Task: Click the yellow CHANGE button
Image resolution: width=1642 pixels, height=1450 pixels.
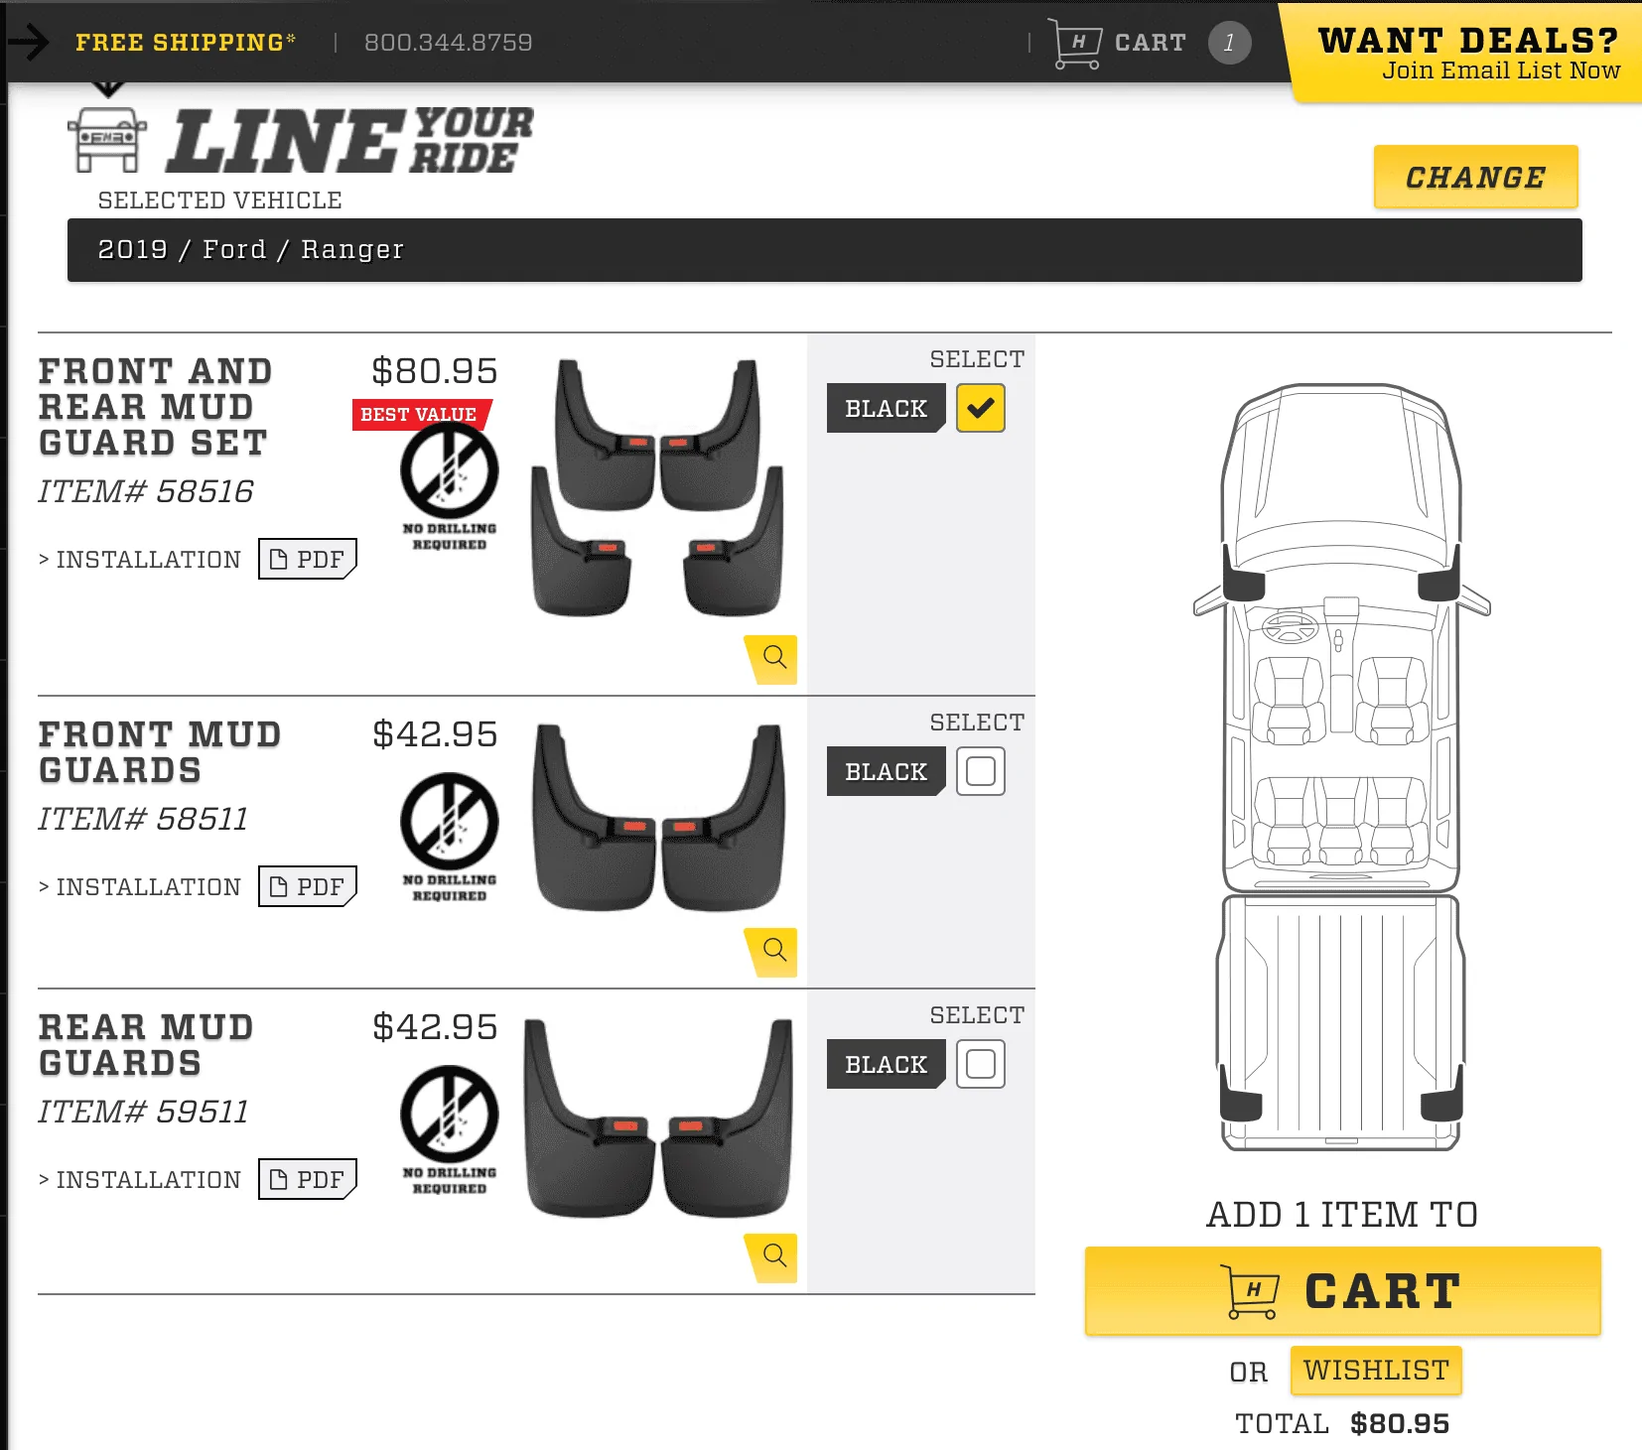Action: click(x=1475, y=177)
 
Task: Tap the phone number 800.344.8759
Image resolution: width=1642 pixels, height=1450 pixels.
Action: click(x=448, y=43)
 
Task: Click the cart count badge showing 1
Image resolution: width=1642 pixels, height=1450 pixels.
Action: click(x=1229, y=43)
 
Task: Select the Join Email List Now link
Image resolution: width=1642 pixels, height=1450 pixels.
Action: click(x=1501, y=70)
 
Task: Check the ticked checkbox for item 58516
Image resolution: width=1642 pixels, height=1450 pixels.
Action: click(x=981, y=408)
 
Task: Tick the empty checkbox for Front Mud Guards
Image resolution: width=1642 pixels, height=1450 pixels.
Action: click(x=981, y=771)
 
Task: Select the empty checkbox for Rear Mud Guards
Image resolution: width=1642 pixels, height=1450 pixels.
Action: click(x=981, y=1064)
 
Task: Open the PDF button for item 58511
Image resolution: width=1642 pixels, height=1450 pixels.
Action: click(x=308, y=886)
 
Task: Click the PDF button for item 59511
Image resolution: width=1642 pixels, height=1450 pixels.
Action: click(x=308, y=1179)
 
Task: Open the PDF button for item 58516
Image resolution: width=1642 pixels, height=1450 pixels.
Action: click(x=308, y=559)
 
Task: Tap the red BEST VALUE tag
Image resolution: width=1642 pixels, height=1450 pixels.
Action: click(x=420, y=415)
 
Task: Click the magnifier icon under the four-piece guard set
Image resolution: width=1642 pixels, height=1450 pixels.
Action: click(x=773, y=658)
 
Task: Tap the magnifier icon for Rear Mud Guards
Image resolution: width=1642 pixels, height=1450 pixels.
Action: click(x=773, y=1257)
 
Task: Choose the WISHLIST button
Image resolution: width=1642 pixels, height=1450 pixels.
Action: click(x=1376, y=1371)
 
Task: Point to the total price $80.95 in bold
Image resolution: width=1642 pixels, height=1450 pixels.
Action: click(x=1400, y=1424)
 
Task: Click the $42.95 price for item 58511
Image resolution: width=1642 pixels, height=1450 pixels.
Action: click(x=435, y=734)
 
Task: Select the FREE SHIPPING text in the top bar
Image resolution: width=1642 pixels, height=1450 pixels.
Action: click(x=185, y=43)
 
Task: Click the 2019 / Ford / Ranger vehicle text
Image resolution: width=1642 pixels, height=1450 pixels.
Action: click(x=250, y=249)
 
